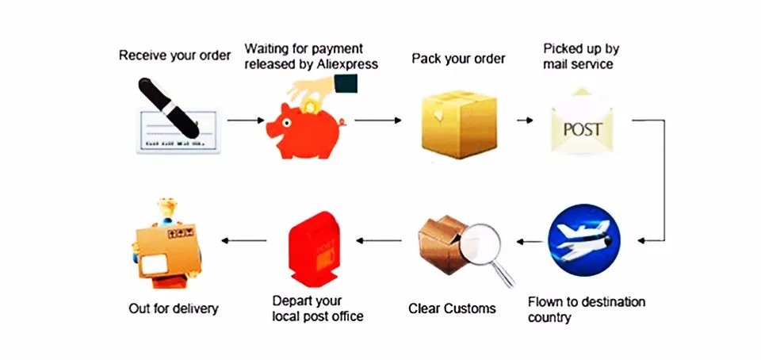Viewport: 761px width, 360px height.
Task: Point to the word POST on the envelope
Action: click(x=583, y=129)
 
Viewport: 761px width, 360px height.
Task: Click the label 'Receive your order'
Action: click(x=175, y=56)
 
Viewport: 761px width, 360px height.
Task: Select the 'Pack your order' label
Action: click(x=458, y=59)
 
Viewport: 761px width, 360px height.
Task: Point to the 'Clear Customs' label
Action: click(x=452, y=308)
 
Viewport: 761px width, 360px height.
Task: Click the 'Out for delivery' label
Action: click(x=173, y=308)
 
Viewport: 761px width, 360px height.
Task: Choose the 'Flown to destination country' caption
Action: click(x=586, y=309)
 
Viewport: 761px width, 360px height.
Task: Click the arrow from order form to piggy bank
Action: click(x=246, y=121)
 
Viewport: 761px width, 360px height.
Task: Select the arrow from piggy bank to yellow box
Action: click(x=378, y=121)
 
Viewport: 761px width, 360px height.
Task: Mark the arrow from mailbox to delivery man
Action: click(x=243, y=239)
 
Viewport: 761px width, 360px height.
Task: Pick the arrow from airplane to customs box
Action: click(x=530, y=239)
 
